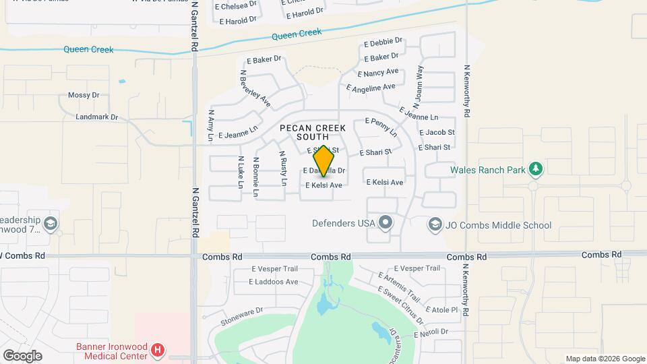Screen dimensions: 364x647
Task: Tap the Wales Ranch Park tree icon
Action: coord(535,168)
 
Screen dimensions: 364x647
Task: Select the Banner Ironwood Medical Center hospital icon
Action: coord(158,350)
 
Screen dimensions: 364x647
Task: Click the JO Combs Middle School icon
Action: coord(435,224)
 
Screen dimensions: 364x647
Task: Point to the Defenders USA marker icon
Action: coord(386,222)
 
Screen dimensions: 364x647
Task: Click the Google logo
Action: coord(22,356)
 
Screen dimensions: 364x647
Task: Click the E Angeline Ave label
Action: coord(371,88)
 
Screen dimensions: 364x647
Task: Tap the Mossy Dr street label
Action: coord(84,96)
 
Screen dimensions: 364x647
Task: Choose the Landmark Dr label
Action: coord(96,117)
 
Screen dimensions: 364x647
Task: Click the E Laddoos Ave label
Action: coord(274,282)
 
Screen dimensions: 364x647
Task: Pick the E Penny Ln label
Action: coord(381,126)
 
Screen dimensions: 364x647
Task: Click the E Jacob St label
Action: coord(436,133)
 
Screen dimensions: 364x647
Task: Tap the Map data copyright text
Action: coord(605,359)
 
